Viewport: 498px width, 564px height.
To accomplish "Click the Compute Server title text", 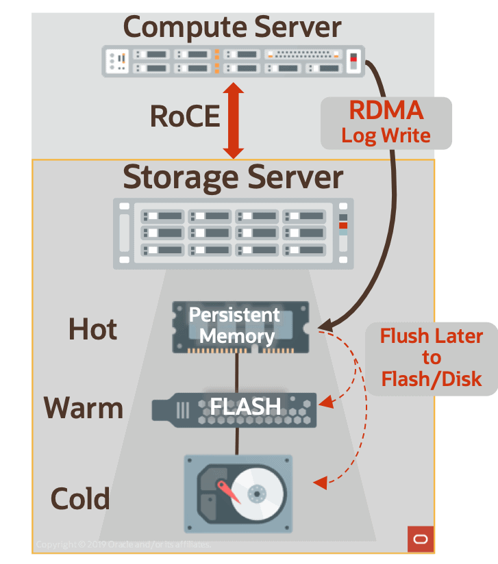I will coord(232,27).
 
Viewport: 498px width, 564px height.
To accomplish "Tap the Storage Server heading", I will coord(233,177).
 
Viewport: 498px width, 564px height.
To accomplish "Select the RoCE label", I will coord(185,117).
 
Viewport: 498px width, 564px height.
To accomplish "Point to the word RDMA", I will coord(386,111).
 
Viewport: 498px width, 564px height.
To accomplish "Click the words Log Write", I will coord(386,135).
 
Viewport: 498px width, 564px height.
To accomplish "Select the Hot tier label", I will coord(92,330).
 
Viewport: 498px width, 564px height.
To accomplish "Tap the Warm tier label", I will coord(84,409).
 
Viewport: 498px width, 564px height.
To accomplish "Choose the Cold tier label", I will coord(80,498).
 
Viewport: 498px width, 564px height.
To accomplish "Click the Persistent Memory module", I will coord(240,327).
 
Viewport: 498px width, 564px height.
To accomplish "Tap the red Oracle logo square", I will coord(420,539).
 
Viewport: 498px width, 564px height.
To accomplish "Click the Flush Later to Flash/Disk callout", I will coord(431,358).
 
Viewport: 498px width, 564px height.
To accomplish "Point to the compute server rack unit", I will coord(233,60).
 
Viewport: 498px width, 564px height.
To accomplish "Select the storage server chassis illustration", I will coord(233,233).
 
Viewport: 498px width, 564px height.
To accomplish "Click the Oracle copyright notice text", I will coord(123,545).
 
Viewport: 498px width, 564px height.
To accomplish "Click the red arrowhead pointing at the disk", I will coord(319,484).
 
